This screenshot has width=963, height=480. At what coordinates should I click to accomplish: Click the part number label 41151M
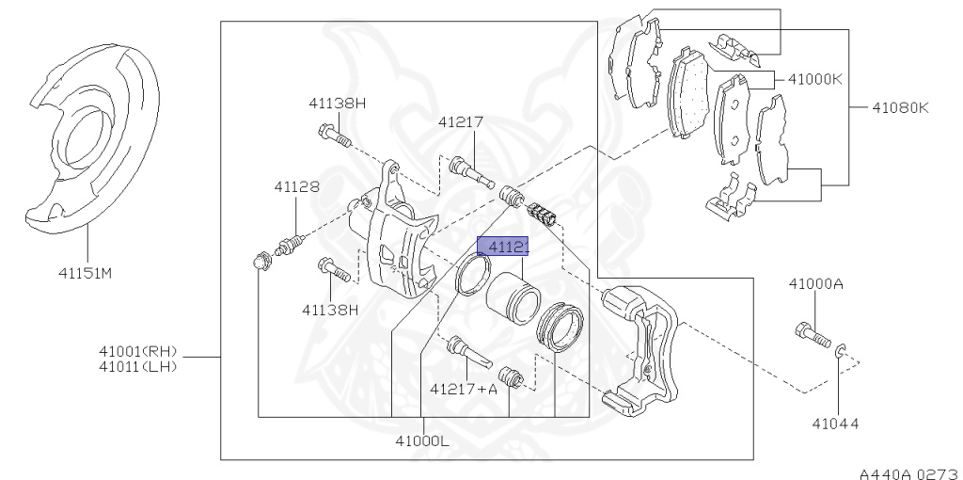85,275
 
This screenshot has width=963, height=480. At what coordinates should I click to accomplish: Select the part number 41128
296,186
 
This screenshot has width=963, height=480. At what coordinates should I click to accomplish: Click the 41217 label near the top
460,121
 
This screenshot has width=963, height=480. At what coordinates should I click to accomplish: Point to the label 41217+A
463,387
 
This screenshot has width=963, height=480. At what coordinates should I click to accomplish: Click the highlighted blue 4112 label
503,247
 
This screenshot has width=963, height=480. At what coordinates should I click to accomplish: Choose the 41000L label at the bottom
422,440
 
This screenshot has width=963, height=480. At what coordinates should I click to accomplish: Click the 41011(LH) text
138,365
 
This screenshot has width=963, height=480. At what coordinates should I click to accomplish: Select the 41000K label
815,79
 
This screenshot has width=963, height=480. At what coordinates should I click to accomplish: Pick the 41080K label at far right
899,107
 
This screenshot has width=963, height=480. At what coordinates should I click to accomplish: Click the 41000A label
815,283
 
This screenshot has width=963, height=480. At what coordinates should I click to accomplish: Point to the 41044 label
835,424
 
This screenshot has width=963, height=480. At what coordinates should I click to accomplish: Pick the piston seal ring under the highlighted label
471,273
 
